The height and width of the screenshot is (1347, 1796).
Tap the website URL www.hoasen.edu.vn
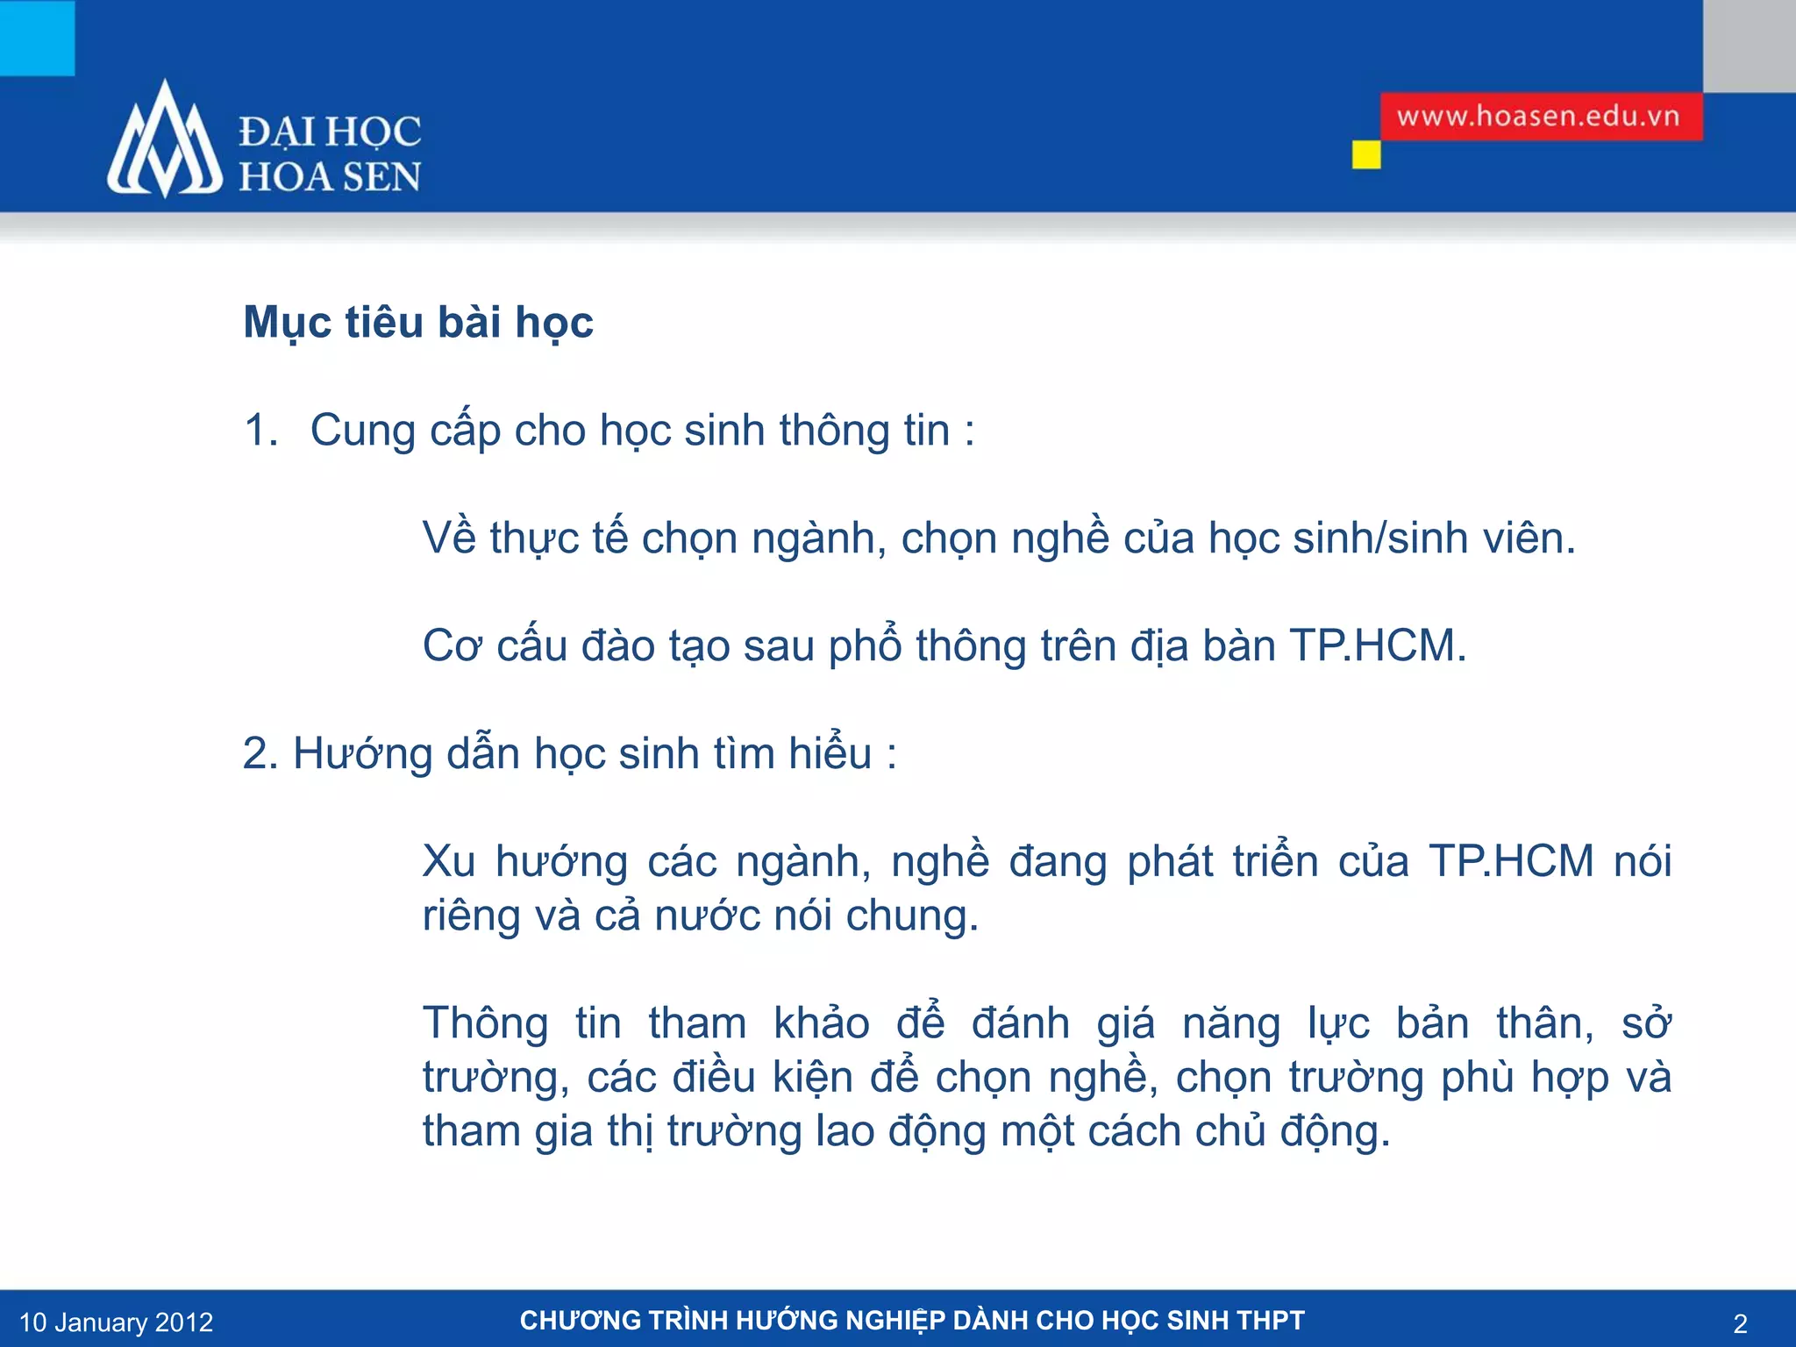1538,117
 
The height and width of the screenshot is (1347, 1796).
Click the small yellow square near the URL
1365,155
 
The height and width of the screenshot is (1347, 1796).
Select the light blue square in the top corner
37,37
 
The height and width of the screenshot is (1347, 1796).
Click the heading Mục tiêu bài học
418,322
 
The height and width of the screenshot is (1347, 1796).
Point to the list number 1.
260,431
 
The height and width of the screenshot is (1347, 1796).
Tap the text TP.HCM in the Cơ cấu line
1377,645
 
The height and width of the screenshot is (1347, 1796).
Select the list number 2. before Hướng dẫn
260,753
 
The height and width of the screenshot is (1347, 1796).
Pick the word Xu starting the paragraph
448,861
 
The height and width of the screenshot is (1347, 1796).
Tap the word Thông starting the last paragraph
485,1023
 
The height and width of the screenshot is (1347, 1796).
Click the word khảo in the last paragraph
822,1023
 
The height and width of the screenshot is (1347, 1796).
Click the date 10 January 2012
116,1322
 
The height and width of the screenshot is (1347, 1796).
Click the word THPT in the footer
1271,1321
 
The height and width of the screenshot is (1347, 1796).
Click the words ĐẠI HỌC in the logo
330,132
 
